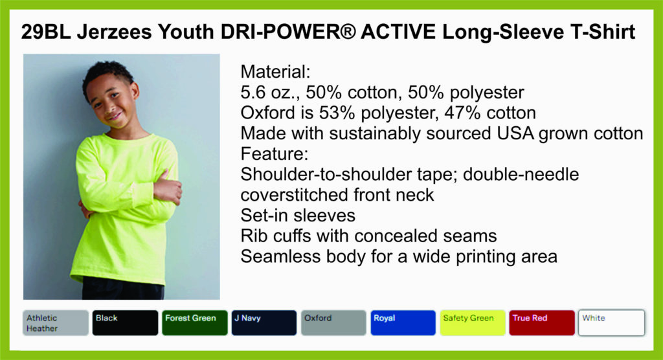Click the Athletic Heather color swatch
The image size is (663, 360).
[x=56, y=323]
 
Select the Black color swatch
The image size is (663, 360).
[x=125, y=323]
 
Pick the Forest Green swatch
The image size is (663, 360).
[x=194, y=323]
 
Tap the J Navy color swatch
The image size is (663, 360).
[x=264, y=323]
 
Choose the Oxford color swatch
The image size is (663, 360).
[x=333, y=323]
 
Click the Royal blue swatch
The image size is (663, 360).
[x=403, y=323]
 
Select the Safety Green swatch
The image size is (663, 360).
[x=473, y=323]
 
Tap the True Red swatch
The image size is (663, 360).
[x=542, y=323]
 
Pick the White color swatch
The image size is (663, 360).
[x=612, y=323]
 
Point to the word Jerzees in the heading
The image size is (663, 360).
[x=114, y=32]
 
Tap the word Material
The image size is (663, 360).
[x=275, y=71]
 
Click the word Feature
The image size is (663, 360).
[x=275, y=153]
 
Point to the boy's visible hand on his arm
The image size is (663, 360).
[x=168, y=190]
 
